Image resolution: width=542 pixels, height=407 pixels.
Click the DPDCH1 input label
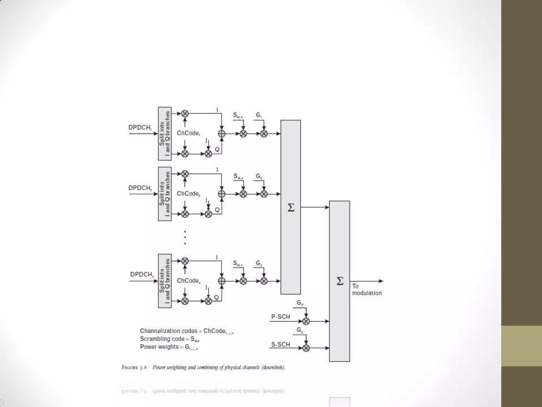point(140,127)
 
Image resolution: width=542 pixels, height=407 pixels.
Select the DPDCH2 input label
point(140,188)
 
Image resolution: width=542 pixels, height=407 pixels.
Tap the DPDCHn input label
point(142,275)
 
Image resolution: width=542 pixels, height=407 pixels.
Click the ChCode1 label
point(188,133)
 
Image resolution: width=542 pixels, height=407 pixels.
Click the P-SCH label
point(281,317)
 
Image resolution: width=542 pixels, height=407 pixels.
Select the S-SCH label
point(281,344)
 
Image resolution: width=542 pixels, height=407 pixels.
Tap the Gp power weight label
point(300,303)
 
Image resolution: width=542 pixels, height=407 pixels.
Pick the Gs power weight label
point(300,330)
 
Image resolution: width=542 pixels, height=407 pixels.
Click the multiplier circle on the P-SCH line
point(306,321)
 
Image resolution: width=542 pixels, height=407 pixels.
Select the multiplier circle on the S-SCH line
point(306,348)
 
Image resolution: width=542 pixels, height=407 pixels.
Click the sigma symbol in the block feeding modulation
point(340,281)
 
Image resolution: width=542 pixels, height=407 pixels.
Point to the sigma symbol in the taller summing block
point(291,208)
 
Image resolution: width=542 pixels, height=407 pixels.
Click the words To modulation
point(367,290)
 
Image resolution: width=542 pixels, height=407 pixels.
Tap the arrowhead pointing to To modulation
point(381,281)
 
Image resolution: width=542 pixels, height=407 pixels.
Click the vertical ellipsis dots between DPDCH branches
point(185,237)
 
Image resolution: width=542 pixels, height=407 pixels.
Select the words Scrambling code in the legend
point(162,339)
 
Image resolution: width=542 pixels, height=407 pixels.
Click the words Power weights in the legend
point(159,347)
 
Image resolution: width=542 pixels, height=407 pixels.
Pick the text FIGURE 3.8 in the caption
point(134,368)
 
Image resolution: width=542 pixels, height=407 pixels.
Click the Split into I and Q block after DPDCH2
point(165,194)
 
